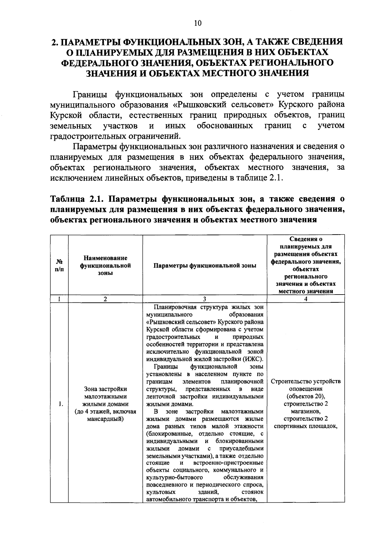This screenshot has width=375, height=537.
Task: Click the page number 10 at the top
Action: pyautogui.click(x=197, y=23)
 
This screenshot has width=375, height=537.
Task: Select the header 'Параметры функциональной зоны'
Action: pyautogui.click(x=205, y=266)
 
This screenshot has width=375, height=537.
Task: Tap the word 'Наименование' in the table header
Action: pyautogui.click(x=105, y=258)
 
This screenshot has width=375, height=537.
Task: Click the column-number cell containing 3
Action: pyautogui.click(x=204, y=299)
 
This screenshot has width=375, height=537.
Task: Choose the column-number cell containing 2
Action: pyautogui.click(x=105, y=299)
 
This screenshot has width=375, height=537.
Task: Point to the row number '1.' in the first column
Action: pyautogui.click(x=61, y=404)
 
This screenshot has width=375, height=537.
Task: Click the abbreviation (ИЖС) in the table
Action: pyautogui.click(x=253, y=359)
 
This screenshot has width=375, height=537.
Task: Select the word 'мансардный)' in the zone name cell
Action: pyautogui.click(x=105, y=419)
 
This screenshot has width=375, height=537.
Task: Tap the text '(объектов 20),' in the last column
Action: pyautogui.click(x=306, y=397)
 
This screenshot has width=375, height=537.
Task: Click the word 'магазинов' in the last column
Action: pyautogui.click(x=306, y=411)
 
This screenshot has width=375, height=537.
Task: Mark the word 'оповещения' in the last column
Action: pyautogui.click(x=306, y=389)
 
